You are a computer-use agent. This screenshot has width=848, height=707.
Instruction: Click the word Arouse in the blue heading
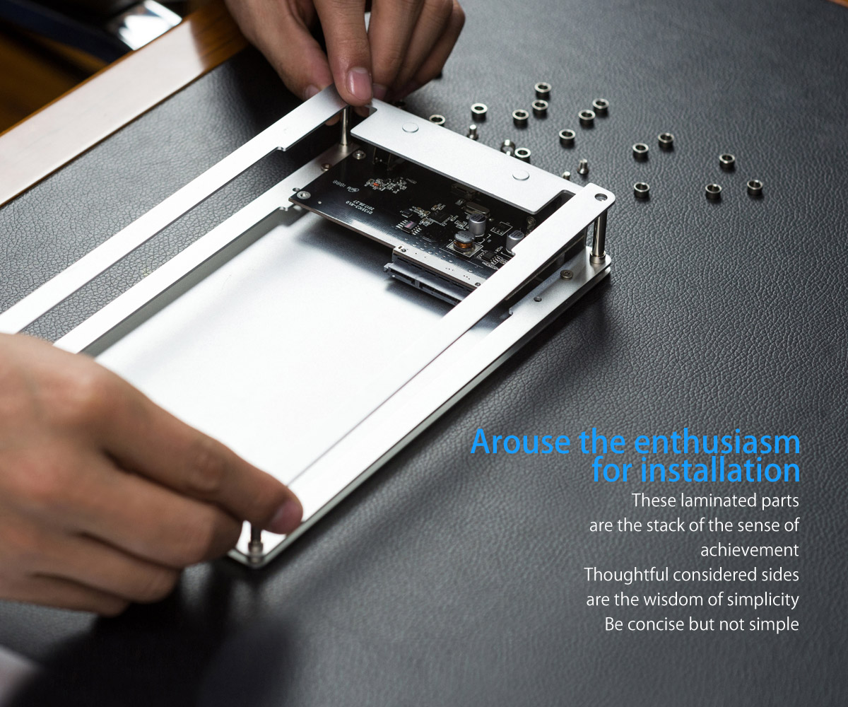tap(521, 442)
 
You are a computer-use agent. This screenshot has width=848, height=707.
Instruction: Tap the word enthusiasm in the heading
tap(717, 441)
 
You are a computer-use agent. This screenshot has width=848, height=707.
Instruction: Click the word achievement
tap(750, 550)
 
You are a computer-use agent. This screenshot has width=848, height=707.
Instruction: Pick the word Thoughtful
tap(626, 575)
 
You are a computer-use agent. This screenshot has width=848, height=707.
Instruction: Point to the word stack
tap(666, 525)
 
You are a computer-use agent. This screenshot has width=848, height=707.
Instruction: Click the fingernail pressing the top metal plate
tap(359, 85)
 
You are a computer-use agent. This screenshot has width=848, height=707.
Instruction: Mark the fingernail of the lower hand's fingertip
tap(287, 516)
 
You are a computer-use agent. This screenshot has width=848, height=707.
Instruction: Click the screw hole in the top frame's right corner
tap(599, 197)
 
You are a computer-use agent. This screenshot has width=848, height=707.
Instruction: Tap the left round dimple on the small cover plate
tap(410, 128)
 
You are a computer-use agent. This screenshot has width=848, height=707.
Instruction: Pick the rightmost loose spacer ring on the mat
tap(755, 187)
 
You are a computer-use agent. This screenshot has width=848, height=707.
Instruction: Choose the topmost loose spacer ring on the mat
tap(543, 88)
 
